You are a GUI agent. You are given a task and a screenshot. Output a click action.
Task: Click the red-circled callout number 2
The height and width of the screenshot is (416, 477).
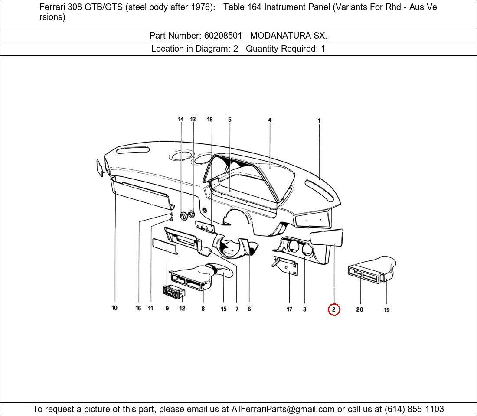[x=333, y=309]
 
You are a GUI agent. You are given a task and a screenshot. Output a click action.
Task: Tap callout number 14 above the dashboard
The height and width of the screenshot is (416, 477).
[x=181, y=120]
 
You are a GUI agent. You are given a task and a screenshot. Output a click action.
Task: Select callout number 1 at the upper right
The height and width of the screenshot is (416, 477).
[x=319, y=121]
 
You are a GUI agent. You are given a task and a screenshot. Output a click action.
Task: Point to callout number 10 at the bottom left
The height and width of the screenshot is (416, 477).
[x=114, y=308]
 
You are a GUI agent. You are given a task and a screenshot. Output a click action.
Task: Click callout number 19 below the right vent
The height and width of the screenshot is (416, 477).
[x=386, y=310]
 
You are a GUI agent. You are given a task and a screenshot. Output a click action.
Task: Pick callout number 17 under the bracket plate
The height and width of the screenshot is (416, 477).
[x=289, y=309]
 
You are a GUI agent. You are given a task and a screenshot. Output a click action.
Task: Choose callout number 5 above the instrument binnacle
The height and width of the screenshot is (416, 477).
[x=230, y=120]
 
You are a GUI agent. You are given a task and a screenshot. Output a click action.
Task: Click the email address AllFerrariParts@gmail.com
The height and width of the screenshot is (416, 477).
[x=283, y=409]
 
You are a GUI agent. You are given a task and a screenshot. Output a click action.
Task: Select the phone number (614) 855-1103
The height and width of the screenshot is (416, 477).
[x=414, y=409]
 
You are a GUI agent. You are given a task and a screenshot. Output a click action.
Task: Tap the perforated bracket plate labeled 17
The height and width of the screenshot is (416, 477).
[x=286, y=266]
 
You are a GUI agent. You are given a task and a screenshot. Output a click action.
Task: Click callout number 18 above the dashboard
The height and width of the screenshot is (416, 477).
[x=210, y=120]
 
